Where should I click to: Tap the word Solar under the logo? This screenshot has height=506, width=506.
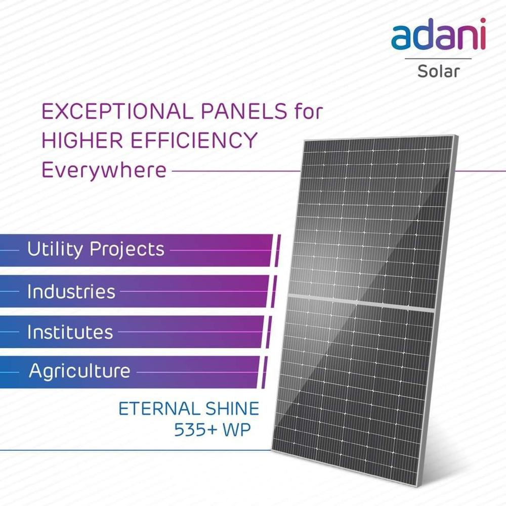click(438, 71)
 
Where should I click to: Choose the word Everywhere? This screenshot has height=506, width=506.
click(104, 170)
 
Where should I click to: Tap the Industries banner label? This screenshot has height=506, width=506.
click(71, 291)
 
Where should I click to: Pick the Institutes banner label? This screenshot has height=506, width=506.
click(70, 332)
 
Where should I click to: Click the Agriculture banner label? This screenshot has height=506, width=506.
click(79, 371)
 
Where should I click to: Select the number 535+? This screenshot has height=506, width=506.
click(195, 430)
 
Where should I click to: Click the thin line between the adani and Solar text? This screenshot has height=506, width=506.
click(438, 59)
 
